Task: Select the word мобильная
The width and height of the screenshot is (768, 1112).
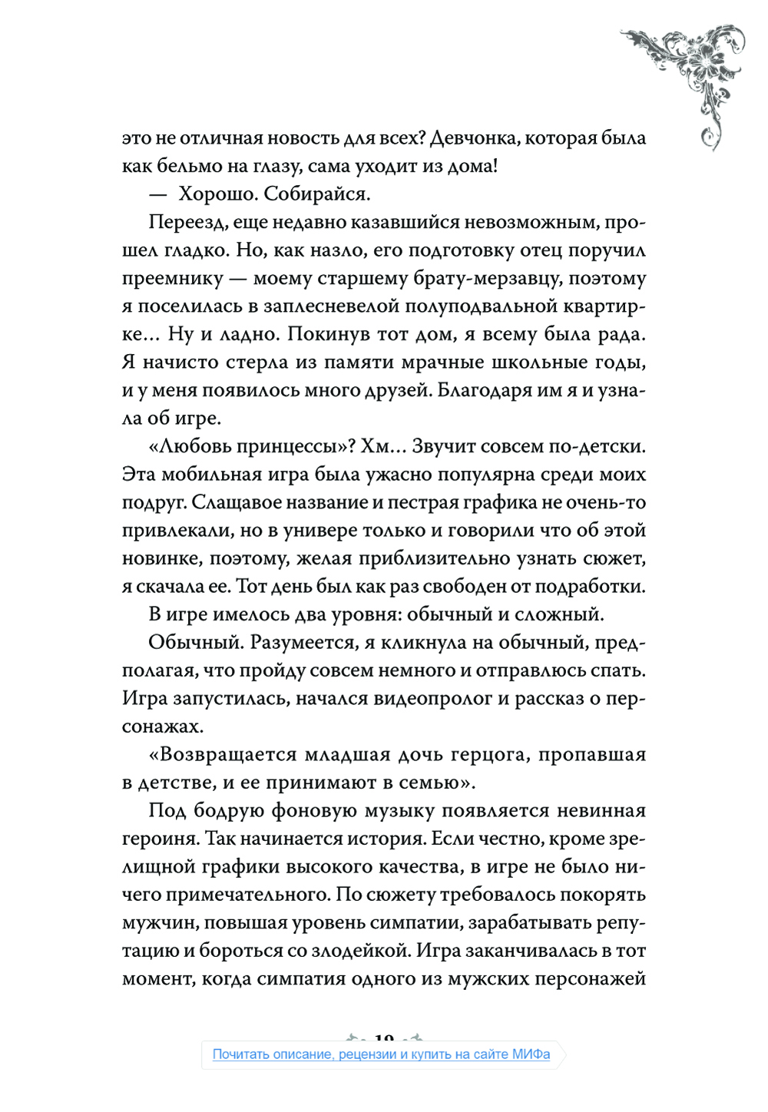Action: pyautogui.click(x=220, y=475)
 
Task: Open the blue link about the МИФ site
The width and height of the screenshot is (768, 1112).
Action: pyautogui.click(x=381, y=1054)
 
